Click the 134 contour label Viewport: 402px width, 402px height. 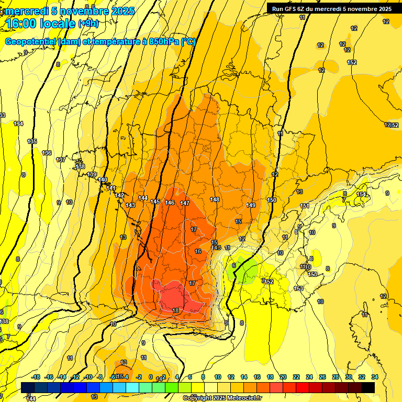(x=18, y=124)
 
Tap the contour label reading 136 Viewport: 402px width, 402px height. (x=47, y=153)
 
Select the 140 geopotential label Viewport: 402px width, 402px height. (x=103, y=180)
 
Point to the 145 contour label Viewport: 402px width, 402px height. (x=155, y=202)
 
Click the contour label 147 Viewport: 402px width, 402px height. (x=185, y=203)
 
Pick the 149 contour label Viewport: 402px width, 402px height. (x=251, y=205)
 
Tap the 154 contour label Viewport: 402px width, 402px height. (x=361, y=194)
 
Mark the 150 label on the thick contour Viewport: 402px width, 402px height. (x=272, y=200)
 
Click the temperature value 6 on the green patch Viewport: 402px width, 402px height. (x=233, y=265)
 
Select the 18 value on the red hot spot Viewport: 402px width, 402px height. (x=175, y=310)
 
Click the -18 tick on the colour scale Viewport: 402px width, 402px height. (x=36, y=377)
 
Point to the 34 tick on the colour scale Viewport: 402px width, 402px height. (x=375, y=377)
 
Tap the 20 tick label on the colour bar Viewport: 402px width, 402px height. (x=283, y=377)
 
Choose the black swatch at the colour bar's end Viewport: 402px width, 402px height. (x=368, y=387)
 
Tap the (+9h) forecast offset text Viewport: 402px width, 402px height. (x=90, y=24)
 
